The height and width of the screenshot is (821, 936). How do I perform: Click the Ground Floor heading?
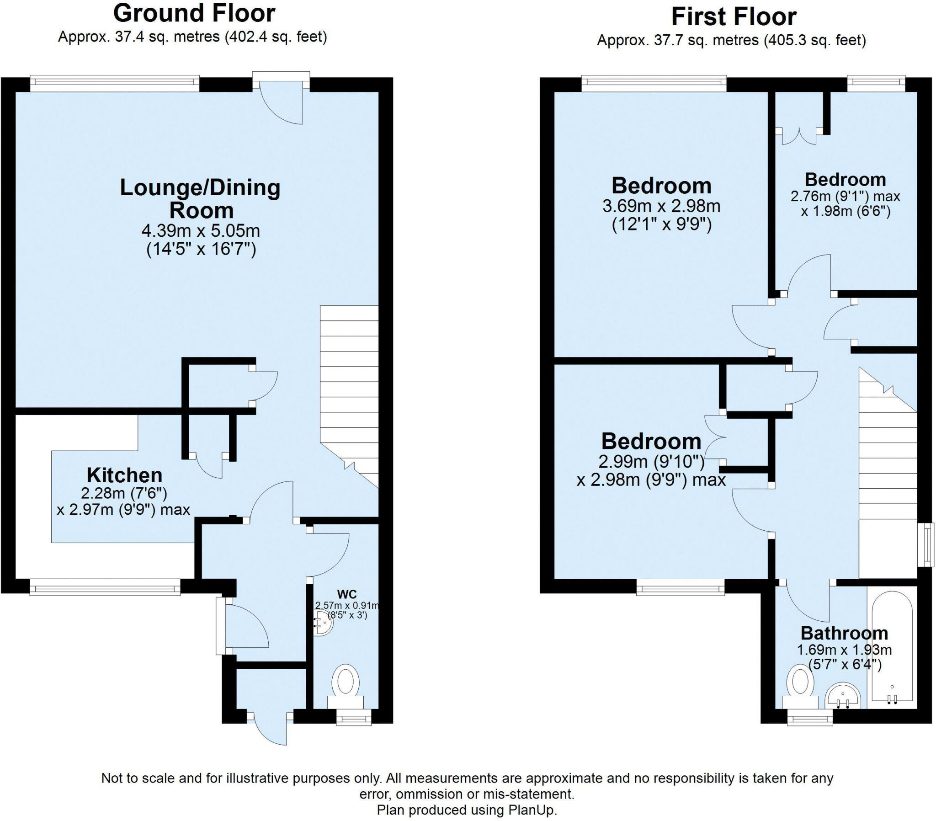(x=194, y=13)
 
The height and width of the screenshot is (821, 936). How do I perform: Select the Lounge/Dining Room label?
(x=201, y=199)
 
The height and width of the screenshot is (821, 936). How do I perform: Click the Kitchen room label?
(x=125, y=475)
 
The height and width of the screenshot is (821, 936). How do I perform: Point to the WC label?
(x=346, y=595)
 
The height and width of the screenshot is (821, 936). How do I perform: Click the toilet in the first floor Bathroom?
(x=800, y=686)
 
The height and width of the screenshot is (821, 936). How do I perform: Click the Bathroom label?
(x=845, y=633)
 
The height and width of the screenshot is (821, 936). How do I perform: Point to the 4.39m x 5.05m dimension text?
(x=201, y=230)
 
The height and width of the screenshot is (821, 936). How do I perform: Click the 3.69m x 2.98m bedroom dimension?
(x=661, y=206)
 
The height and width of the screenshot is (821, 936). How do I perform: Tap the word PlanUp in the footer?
(x=532, y=810)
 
